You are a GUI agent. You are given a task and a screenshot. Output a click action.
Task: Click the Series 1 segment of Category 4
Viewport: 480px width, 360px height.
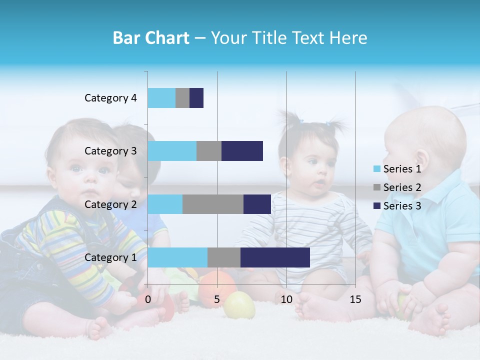[161, 98]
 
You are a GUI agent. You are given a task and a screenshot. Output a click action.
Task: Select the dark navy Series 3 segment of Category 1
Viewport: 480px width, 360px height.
[275, 257]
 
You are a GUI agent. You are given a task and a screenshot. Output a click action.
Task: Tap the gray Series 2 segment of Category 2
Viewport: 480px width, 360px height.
[213, 204]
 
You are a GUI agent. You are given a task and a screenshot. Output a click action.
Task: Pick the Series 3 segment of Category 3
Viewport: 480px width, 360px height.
[242, 151]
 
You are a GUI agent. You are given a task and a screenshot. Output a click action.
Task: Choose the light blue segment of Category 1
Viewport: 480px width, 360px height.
[177, 257]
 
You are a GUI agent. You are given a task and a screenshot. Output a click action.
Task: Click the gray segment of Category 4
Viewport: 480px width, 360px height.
[182, 98]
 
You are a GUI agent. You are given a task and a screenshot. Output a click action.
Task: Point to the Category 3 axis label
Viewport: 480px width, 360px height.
[110, 151]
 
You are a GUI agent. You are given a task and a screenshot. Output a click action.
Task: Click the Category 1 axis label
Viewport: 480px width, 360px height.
[110, 257]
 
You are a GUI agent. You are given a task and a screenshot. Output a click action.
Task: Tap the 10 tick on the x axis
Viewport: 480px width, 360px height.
[286, 299]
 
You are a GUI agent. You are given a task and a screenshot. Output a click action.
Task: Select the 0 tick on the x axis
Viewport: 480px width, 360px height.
[148, 299]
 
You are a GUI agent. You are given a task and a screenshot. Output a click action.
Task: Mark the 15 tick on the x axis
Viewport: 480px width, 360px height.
[355, 299]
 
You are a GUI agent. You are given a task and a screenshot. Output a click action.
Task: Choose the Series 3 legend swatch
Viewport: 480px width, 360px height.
[377, 206]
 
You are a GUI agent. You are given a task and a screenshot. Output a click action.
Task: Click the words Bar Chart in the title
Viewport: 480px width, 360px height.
[151, 38]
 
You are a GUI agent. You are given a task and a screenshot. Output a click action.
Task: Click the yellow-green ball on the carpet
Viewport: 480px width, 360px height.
[239, 305]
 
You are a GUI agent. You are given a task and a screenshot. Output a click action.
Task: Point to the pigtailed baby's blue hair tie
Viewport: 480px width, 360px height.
[301, 121]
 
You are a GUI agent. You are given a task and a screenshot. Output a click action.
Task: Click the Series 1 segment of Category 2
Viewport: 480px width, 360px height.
[165, 204]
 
